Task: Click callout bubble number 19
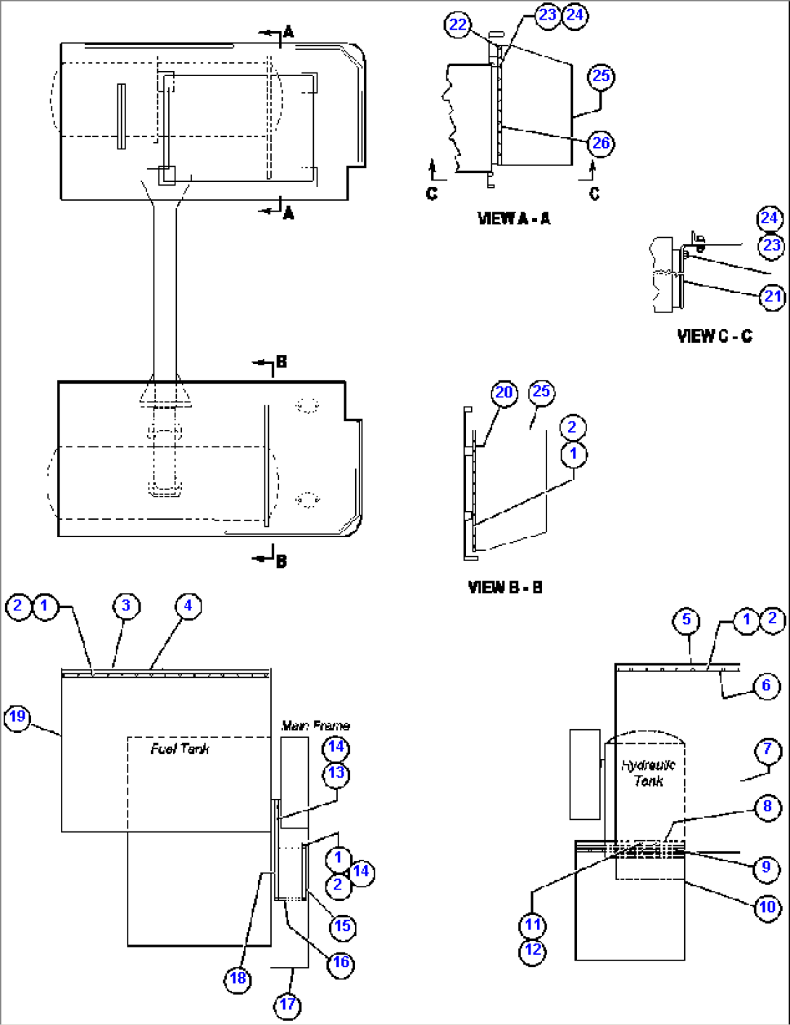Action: [x=17, y=717]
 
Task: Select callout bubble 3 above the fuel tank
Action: [x=126, y=606]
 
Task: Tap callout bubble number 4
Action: [x=188, y=606]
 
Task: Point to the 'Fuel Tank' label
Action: [x=180, y=749]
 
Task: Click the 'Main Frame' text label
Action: [x=315, y=726]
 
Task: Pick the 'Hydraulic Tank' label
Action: [x=648, y=773]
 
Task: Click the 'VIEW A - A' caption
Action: [x=513, y=218]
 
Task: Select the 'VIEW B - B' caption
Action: [x=505, y=587]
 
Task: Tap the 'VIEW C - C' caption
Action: [x=714, y=336]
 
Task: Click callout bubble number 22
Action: [x=458, y=25]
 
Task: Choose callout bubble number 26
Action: [x=601, y=144]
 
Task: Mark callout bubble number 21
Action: [x=773, y=296]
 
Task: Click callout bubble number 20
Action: [x=504, y=393]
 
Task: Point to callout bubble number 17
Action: [x=288, y=1005]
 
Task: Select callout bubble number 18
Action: [x=238, y=979]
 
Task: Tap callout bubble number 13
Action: [x=336, y=773]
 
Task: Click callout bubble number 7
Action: [x=768, y=749]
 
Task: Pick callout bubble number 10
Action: [x=768, y=907]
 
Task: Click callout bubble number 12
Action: [x=533, y=950]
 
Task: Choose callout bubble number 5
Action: [x=686, y=621]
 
